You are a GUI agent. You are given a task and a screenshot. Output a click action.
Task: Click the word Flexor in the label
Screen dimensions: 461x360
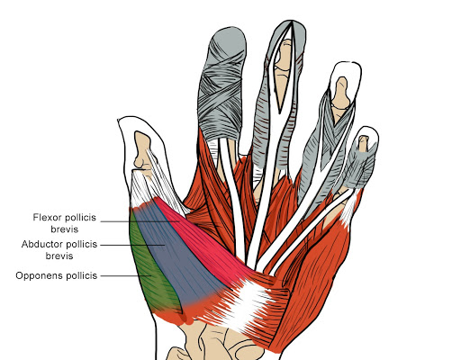coord(48,217)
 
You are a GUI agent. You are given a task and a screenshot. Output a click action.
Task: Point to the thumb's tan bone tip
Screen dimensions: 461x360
coord(141,150)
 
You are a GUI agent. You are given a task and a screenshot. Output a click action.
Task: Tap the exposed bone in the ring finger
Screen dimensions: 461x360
coord(340,93)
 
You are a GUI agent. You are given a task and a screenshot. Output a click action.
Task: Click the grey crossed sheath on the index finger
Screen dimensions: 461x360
coord(222,84)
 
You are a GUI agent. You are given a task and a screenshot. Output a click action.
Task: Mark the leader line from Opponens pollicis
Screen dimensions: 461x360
coord(125,275)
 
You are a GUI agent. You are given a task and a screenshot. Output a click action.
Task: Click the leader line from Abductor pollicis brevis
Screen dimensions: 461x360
coord(132,245)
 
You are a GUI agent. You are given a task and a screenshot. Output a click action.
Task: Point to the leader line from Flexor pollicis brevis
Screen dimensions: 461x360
coord(140,221)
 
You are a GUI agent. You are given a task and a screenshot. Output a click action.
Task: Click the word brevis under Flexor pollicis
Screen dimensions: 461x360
coord(65,229)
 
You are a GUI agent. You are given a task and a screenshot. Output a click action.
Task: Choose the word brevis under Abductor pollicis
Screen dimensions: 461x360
coord(59,256)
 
